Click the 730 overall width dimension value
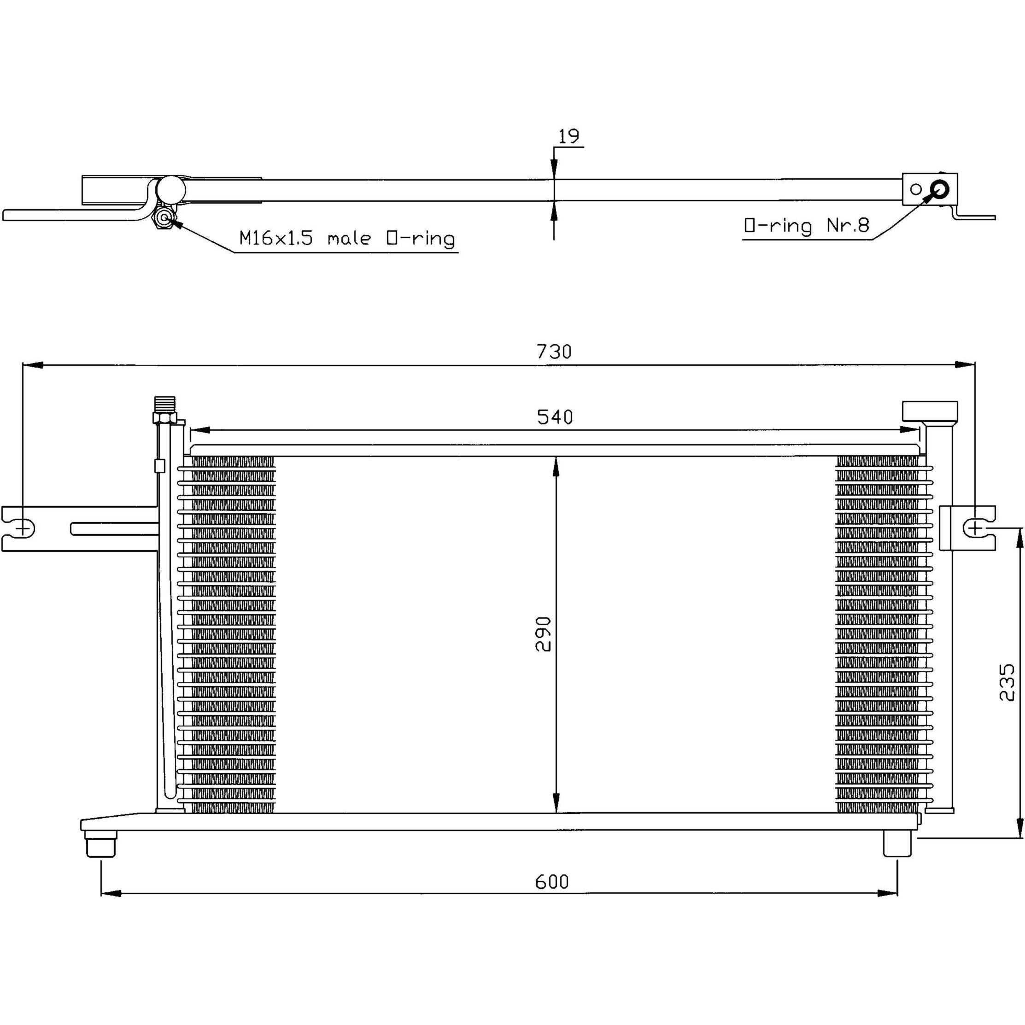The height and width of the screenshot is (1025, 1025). pyautogui.click(x=554, y=351)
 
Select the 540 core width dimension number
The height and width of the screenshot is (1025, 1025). pyautogui.click(x=555, y=417)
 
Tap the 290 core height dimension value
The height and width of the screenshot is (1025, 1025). pyautogui.click(x=543, y=634)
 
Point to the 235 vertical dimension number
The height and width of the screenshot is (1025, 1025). pyautogui.click(x=1007, y=682)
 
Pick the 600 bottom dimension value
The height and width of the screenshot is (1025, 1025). pyautogui.click(x=552, y=882)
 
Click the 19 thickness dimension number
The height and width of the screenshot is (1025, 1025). pyautogui.click(x=569, y=136)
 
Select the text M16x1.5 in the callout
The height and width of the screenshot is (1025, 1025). pyautogui.click(x=276, y=238)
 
